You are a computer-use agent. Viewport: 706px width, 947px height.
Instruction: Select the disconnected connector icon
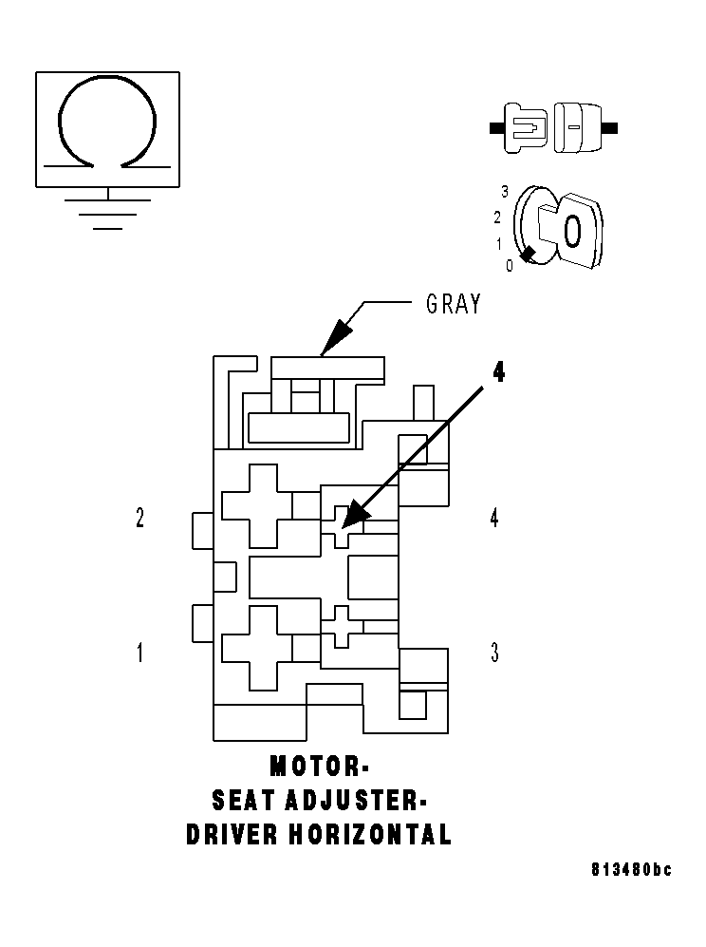click(552, 126)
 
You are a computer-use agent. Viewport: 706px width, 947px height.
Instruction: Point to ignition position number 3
click(506, 191)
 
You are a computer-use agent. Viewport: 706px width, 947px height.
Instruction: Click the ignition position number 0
click(510, 266)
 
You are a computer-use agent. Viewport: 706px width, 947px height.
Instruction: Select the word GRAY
click(453, 304)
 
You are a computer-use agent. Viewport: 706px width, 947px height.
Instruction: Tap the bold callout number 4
click(497, 371)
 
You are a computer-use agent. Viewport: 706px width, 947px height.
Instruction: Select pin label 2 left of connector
click(140, 518)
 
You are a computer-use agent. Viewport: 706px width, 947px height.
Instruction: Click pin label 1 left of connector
click(140, 653)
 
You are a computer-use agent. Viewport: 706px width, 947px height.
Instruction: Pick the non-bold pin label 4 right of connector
click(493, 518)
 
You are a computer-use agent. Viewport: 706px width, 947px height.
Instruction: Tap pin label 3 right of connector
click(493, 653)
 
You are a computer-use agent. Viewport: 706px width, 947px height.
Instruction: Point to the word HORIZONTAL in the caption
click(369, 835)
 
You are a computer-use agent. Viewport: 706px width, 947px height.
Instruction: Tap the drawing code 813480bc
click(630, 870)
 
